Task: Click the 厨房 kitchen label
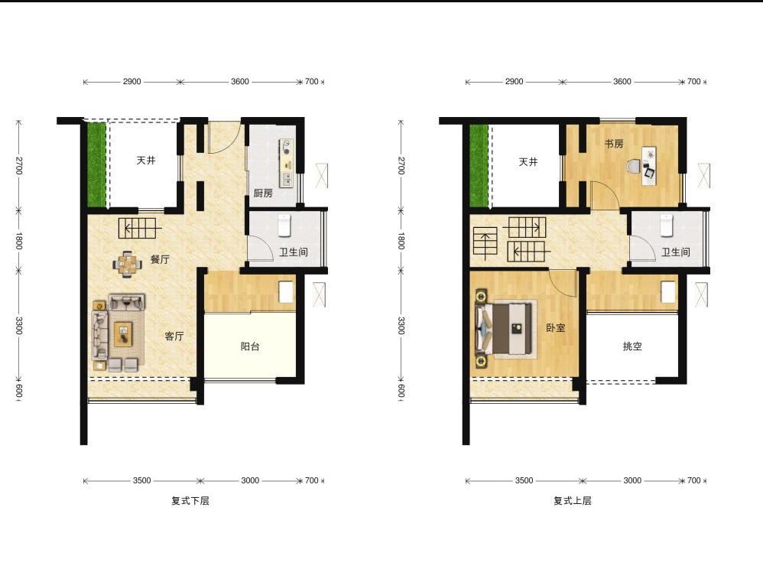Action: tap(263, 193)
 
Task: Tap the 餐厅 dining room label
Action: tap(160, 259)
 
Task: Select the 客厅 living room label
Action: tap(174, 336)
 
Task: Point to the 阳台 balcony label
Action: tap(250, 346)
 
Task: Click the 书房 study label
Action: tap(614, 144)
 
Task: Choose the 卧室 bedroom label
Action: tap(556, 327)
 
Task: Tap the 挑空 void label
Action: tap(632, 346)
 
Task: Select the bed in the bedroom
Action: tap(505, 329)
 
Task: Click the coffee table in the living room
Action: tap(123, 334)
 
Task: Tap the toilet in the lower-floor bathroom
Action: tap(284, 226)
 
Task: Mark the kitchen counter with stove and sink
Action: tap(286, 163)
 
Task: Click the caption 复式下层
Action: tap(190, 500)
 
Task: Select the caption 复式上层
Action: tap(572, 500)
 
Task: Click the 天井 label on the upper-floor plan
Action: tap(528, 161)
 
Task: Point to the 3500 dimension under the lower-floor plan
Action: tap(141, 480)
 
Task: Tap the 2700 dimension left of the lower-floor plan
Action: tap(19, 165)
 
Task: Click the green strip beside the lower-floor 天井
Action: tap(96, 164)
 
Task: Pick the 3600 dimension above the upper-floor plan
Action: tap(622, 81)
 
